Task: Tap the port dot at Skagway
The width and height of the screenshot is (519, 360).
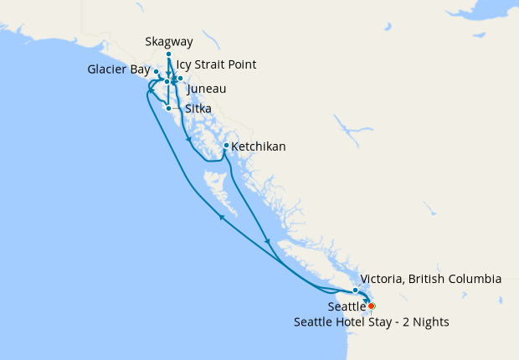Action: (168, 54)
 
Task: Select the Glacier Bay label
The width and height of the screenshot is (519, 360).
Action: (118, 69)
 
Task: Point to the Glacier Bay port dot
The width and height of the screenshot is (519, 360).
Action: (157, 72)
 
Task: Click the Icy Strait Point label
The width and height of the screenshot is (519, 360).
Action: (216, 64)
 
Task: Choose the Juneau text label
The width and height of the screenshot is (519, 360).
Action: (207, 89)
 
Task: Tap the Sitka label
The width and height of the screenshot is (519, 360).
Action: (198, 109)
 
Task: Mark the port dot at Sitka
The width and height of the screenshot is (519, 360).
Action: (169, 108)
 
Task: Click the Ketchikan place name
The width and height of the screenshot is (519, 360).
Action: (258, 147)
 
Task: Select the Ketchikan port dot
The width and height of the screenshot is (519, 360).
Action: (226, 146)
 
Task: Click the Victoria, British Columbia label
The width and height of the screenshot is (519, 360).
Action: (429, 279)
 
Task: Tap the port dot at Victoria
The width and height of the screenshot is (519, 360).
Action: (356, 290)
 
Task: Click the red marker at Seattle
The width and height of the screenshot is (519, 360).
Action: (372, 306)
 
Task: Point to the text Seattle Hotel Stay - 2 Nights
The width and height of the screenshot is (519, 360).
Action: (372, 321)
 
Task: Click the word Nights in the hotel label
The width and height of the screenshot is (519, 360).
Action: (431, 321)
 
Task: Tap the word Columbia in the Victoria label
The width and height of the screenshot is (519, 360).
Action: (472, 279)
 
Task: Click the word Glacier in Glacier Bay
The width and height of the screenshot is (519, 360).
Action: (108, 69)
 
